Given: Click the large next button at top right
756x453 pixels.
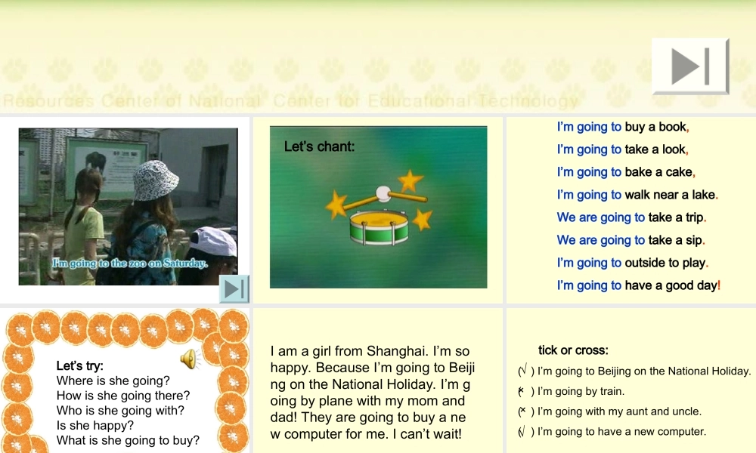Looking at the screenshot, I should point(690,66).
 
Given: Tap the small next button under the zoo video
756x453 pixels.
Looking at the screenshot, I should point(234,288).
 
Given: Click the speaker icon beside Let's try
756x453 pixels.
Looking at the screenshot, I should point(188,359).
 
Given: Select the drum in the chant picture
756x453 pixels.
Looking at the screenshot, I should point(378,226).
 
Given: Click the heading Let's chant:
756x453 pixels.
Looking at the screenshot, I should point(319,146).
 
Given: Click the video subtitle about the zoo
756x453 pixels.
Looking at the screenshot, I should point(129,263).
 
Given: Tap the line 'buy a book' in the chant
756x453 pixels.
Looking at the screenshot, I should point(623,127).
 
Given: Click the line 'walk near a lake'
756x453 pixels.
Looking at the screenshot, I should point(637,195).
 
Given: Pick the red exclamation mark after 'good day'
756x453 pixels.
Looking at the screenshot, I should point(719,285).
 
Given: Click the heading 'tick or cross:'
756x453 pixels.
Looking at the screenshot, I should point(573,350).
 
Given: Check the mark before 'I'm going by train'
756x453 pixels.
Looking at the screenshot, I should point(522,391).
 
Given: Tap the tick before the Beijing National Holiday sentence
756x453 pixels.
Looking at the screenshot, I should point(522,371).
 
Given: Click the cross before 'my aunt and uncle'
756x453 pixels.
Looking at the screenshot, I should point(522,411).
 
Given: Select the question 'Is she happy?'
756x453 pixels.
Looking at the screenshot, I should point(94,425).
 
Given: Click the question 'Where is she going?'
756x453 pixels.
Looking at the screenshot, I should point(113,381).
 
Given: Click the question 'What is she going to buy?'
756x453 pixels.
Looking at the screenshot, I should point(128,440).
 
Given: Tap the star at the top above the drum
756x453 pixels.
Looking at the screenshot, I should point(411,180).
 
